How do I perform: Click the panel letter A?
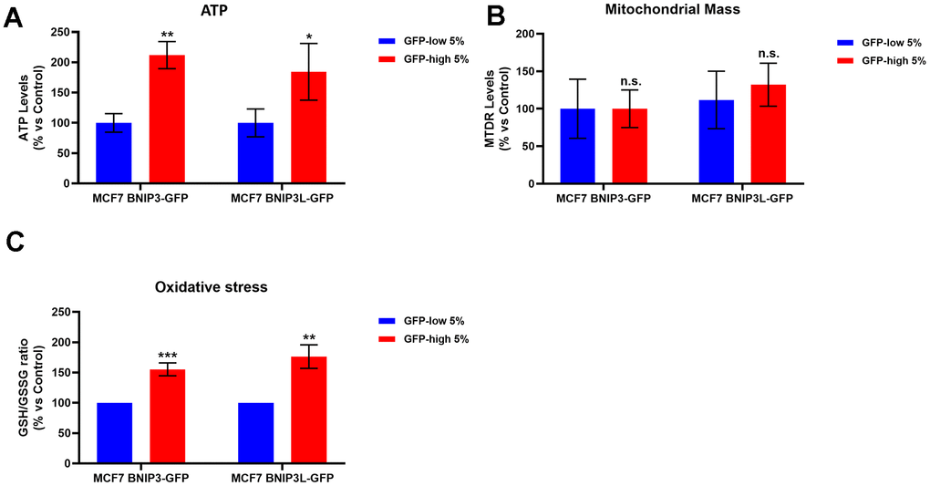[14, 17]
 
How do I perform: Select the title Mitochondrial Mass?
[680, 10]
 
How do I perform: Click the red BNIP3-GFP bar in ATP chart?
[167, 119]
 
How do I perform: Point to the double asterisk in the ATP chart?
[167, 35]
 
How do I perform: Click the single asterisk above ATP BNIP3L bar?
[309, 38]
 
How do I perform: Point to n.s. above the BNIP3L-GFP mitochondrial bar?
[769, 54]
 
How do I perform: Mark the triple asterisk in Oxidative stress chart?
[167, 355]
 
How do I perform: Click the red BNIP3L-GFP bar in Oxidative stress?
[309, 410]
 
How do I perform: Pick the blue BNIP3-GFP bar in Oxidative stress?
[114, 433]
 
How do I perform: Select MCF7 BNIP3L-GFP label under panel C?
[283, 478]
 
